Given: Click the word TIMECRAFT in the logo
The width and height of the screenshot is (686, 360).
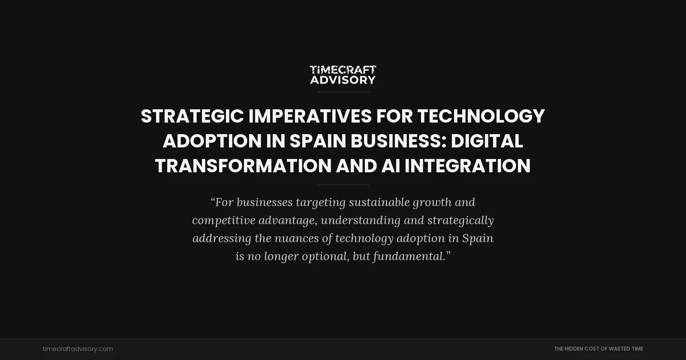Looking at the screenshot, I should (x=343, y=70).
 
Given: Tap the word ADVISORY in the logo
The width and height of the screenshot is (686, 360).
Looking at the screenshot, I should (x=343, y=80).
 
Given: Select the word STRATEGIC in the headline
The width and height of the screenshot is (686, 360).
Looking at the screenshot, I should (x=192, y=116).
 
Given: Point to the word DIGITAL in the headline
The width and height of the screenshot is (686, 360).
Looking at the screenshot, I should (x=487, y=141).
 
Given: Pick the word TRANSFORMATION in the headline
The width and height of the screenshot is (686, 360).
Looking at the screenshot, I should (x=243, y=166).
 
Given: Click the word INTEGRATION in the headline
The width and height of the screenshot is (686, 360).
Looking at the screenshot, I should (x=467, y=166).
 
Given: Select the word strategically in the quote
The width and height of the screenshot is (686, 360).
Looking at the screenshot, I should (x=460, y=220).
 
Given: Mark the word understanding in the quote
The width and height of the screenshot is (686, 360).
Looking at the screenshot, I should (x=360, y=220).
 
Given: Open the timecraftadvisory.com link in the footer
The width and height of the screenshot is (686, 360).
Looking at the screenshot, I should (x=78, y=349).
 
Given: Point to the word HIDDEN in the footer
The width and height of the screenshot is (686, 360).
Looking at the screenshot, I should (x=574, y=349).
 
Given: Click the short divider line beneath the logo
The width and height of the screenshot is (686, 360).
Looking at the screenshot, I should (x=343, y=92).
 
